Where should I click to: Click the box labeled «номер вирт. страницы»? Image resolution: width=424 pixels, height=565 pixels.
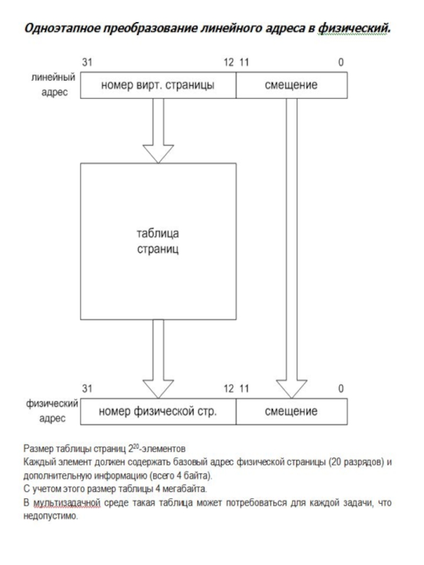158,85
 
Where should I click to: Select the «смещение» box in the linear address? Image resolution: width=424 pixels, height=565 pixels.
291,85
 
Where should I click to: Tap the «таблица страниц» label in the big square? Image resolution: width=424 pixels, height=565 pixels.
158,241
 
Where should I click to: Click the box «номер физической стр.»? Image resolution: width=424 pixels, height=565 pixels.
158,411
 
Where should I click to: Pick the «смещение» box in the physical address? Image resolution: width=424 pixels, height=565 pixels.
291,411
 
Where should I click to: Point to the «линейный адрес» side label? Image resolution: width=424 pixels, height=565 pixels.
54,85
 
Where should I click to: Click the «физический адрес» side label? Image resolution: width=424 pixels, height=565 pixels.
52,411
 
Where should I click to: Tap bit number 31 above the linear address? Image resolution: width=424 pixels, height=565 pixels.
87,62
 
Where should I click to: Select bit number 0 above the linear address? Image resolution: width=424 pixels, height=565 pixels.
341,62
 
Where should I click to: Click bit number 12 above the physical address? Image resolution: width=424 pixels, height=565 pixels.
228,389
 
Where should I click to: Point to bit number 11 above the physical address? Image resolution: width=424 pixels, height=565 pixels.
244,389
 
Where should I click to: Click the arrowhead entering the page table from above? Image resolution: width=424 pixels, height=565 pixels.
158,154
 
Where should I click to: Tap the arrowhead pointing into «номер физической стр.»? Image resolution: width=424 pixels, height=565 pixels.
158,389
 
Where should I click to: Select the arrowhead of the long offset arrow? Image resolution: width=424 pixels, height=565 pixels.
291,389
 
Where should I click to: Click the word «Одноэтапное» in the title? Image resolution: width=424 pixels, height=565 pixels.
61,28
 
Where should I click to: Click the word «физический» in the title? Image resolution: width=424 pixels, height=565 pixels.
354,28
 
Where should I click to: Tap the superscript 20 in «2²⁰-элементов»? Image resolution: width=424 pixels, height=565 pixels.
136,446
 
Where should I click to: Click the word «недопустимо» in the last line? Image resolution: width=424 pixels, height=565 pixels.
50,516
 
